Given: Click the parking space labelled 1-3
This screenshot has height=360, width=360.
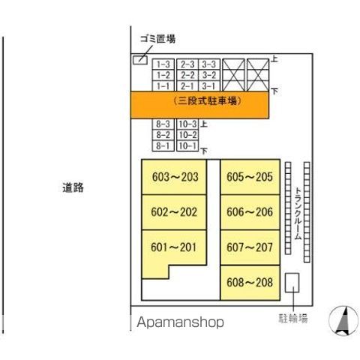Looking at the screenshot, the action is coord(163,64).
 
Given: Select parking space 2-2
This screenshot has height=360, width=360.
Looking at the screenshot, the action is coord(187,75).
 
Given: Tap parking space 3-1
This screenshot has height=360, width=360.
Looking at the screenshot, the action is coord(209,86).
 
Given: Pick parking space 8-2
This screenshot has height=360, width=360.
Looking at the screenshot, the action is coord(163,135).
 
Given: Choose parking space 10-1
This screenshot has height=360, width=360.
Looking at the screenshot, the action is coord(187,145).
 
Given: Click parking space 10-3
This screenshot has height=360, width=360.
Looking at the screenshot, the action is coord(187,124).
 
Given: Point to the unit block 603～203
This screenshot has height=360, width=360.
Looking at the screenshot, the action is coord(174,177).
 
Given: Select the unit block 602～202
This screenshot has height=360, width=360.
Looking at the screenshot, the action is coord(174,212).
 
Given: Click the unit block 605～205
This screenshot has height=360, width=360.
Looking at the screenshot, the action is coord(250,177).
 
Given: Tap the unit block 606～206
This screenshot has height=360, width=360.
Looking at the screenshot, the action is coord(250,212).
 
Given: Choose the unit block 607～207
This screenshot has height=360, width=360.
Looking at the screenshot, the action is coord(250,247).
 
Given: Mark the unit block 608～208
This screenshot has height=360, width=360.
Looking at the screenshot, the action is coord(250,283).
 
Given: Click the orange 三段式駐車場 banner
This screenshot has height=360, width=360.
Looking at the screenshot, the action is coord(199,105).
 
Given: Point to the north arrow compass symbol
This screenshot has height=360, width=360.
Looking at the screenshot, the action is coord(343,321).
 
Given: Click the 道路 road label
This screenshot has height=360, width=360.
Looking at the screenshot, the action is coord(73,187).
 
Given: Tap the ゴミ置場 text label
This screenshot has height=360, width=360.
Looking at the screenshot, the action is coord(157,39).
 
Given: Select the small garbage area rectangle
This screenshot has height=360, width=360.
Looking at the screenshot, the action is coord(140,60).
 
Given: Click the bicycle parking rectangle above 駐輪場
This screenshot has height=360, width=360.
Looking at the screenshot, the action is coord(292,283).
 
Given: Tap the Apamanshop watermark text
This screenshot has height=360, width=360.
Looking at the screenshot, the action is coord(180,322).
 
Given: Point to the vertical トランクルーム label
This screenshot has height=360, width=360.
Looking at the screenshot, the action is coord(298,213).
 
